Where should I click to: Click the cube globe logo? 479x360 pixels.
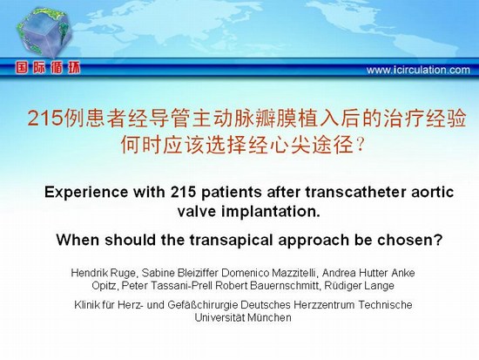coord(44,32)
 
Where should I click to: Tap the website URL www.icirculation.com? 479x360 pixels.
coord(418,70)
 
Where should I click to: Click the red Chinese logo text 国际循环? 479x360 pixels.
coord(48,68)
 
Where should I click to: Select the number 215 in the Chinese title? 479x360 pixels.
coord(45,118)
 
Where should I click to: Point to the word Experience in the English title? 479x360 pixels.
coord(86,193)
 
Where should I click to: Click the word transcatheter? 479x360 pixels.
coord(356,192)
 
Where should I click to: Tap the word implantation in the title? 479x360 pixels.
coord(271,211)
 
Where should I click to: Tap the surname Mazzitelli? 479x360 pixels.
coord(296,273)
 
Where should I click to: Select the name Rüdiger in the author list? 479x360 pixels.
coord(342,286)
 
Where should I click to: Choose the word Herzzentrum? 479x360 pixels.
coord(325,304)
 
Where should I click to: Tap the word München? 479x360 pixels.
coord(269,317)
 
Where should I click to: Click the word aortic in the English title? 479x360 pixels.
coord(432,192)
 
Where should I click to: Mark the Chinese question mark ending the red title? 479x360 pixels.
coord(361,145)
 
